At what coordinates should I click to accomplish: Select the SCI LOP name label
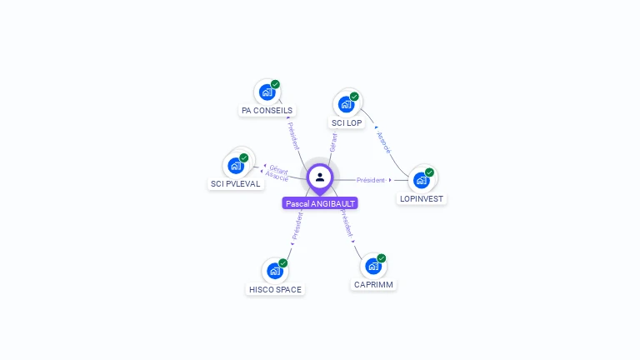click(347, 122)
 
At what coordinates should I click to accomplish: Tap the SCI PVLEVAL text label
click(236, 183)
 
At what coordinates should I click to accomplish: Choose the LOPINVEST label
click(422, 199)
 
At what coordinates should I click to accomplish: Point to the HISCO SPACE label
click(275, 290)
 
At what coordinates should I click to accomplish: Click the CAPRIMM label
click(373, 285)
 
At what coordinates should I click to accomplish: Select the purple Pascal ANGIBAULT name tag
click(320, 203)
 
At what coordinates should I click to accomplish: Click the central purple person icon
click(320, 177)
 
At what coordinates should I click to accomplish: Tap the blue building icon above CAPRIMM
click(372, 267)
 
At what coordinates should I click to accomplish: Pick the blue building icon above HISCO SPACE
click(274, 271)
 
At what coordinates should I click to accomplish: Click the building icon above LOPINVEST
click(421, 180)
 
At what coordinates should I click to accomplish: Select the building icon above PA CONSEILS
click(267, 92)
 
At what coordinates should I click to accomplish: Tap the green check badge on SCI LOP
click(354, 97)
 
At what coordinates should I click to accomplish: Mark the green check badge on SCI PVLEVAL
click(244, 157)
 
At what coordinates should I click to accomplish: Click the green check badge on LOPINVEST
click(429, 172)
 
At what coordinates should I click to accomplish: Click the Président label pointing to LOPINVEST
click(371, 180)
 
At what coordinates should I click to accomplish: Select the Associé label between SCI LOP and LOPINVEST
click(383, 142)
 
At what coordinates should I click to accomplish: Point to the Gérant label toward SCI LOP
click(333, 142)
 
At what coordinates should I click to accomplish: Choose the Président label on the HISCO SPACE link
click(297, 226)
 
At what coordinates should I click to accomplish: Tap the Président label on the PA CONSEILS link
click(292, 136)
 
